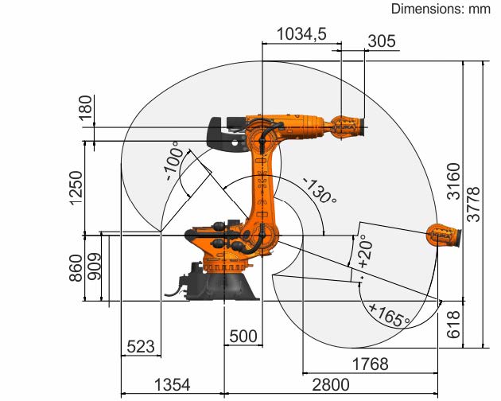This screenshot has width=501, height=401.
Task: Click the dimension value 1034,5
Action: [x=301, y=34]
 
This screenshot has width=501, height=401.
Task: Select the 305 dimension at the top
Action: [x=382, y=41]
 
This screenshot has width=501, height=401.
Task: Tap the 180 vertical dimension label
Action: [x=85, y=108]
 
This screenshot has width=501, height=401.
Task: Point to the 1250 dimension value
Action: [x=76, y=188]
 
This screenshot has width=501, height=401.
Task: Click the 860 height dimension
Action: [x=76, y=268]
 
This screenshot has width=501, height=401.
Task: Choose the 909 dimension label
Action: [x=95, y=267]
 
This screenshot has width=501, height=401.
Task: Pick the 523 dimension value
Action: [x=141, y=346]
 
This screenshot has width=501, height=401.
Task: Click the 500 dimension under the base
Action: [x=243, y=337]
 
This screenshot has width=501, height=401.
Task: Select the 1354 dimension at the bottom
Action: [x=173, y=385]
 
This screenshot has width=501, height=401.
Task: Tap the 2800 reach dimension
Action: [x=331, y=385]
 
